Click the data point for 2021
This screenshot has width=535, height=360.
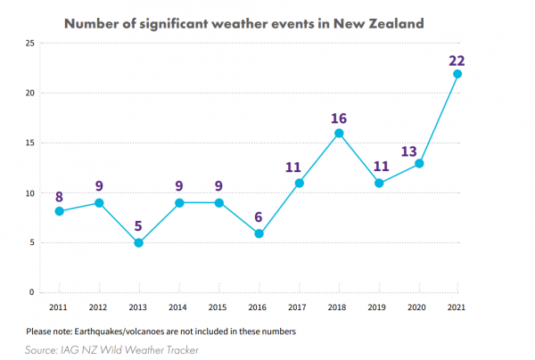click(x=457, y=74)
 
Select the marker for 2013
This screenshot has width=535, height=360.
click(x=138, y=242)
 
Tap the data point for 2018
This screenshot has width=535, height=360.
click(x=339, y=134)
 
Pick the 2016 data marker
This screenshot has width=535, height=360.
click(x=259, y=233)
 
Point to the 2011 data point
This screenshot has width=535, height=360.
click(x=58, y=211)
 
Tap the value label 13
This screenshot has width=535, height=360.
click(x=418, y=151)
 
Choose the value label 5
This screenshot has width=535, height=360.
click(x=138, y=226)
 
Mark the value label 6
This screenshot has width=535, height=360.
click(x=259, y=217)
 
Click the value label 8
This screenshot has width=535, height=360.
click(x=58, y=196)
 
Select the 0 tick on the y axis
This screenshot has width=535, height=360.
click(x=31, y=292)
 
